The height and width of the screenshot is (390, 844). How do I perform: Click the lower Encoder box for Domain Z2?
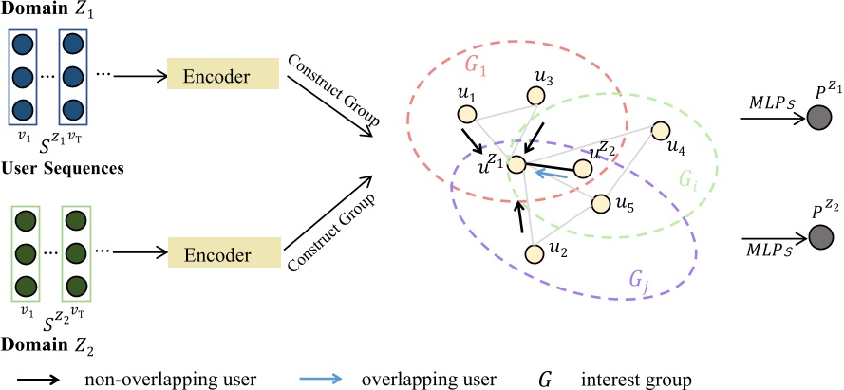[220, 255]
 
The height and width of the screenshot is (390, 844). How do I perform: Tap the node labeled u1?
[466, 114]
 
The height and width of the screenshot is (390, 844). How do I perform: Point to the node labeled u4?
[662, 130]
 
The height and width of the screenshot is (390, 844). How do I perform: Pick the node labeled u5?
[600, 202]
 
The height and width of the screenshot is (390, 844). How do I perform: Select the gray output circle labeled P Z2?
[817, 234]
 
